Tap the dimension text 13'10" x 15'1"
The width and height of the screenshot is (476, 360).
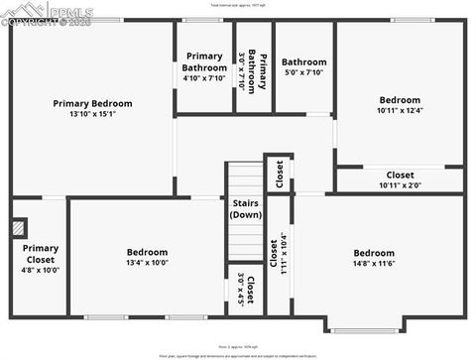pyautogui.click(x=92, y=114)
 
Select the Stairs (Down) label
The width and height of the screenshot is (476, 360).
pyautogui.click(x=246, y=209)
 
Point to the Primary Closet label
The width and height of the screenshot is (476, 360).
pyautogui.click(x=41, y=254)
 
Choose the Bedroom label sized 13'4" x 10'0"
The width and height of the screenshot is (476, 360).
pyautogui.click(x=147, y=252)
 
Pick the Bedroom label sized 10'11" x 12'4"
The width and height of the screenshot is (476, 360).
pyautogui.click(x=400, y=100)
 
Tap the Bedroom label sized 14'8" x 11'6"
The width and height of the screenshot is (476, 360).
pyautogui.click(x=374, y=253)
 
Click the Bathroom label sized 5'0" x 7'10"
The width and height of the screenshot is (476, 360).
pyautogui.click(x=303, y=62)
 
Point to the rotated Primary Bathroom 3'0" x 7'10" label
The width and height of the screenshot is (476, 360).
pyautogui.click(x=258, y=69)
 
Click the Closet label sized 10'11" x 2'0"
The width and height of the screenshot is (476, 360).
pyautogui.click(x=400, y=176)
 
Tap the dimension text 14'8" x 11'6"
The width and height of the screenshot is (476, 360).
pyautogui.click(x=374, y=265)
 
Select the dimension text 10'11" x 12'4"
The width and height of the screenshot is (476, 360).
pyautogui.click(x=400, y=111)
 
